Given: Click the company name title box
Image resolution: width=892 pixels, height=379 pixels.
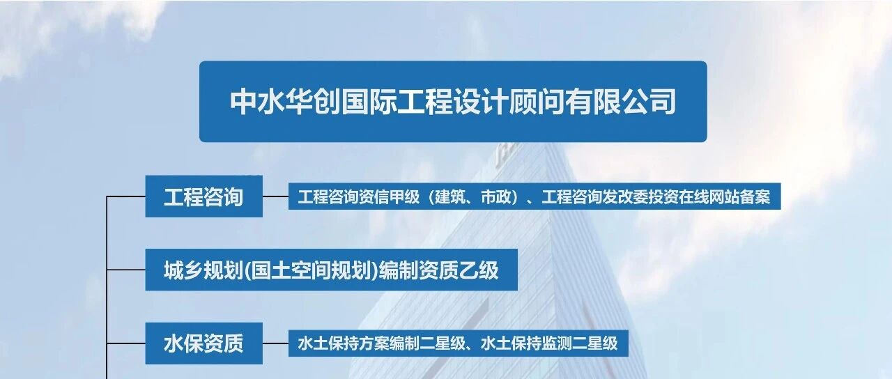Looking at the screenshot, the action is pos(453,102).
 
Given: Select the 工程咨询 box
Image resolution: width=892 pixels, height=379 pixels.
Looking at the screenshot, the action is pos(204,196).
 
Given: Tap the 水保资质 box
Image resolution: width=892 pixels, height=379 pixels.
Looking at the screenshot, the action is pos(204,343).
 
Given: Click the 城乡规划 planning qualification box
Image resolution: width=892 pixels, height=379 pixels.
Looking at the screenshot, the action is pos(331,270).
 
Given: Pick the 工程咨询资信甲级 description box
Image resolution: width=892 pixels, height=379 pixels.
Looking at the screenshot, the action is pos(535,196).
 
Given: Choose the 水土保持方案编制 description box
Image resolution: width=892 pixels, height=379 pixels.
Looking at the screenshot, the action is pos(459,343).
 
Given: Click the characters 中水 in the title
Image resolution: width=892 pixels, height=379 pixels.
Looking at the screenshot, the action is pos(258,102).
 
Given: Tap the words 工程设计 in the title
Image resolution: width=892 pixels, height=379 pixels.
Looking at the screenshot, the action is pos(453,102).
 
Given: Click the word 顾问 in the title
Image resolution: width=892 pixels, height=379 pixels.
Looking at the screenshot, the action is pos(537,102).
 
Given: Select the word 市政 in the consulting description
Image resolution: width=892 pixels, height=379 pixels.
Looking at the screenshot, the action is pos(495,196).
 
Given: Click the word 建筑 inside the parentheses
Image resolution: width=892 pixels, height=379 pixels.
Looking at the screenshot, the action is pos(449,196).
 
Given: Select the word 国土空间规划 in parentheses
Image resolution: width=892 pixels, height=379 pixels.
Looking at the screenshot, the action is pos(312,270).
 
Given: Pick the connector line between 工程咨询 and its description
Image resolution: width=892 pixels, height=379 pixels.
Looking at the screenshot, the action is pos(275,196).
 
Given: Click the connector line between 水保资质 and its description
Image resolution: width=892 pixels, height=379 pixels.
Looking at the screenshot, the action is pos(275,343).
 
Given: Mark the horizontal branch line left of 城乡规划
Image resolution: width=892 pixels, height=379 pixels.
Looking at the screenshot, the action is pos(126,270).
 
